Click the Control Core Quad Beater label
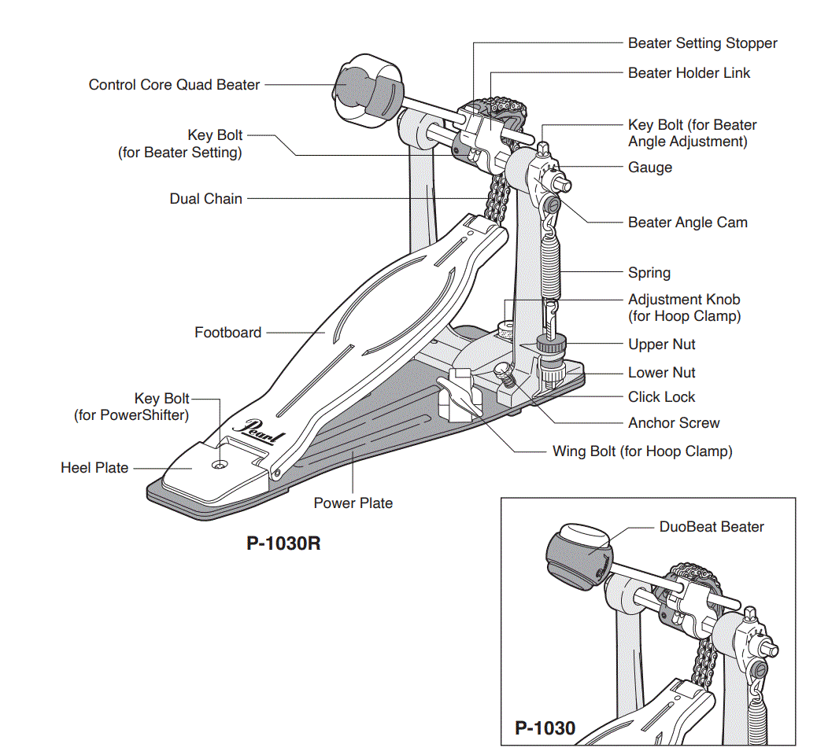tap(174, 85)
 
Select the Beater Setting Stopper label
tap(702, 43)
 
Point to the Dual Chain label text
tap(206, 199)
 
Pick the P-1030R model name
tap(283, 543)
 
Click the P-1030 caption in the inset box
tap(545, 728)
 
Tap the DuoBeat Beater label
tap(712, 527)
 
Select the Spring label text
tap(649, 273)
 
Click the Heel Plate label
tap(94, 468)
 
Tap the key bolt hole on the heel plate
tap(218, 465)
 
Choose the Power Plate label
tap(353, 503)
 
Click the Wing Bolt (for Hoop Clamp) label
tap(642, 451)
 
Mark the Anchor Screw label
tap(674, 423)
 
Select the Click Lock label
tap(661, 397)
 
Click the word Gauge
tap(650, 168)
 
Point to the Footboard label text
tap(227, 333)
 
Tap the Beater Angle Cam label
tap(687, 223)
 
